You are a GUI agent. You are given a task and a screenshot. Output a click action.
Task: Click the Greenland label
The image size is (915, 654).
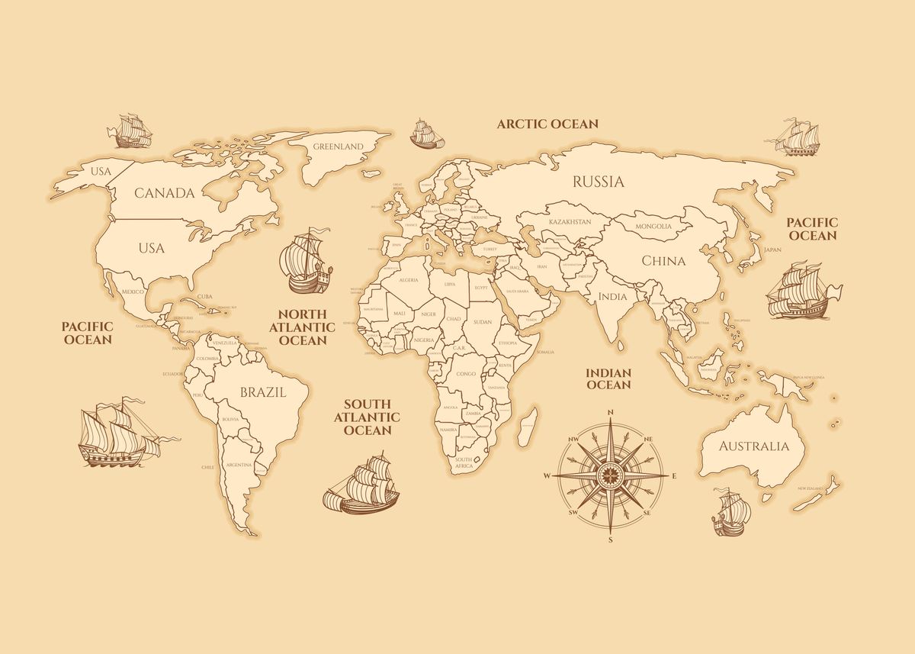pos(339,146)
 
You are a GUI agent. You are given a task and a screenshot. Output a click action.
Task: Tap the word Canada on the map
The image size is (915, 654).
pos(165,193)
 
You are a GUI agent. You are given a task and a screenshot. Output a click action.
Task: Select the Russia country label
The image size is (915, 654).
pos(599,182)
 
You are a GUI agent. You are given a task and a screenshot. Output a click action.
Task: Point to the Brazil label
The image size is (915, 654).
pos(263,393)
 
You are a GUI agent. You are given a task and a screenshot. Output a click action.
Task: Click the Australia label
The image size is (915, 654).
pos(754,446)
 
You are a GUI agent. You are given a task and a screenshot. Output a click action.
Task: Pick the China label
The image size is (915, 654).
pos(663,261)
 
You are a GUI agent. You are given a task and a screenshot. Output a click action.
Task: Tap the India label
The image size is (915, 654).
pos(613,297)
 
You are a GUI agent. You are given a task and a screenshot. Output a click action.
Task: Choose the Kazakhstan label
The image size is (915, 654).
pos(570,222)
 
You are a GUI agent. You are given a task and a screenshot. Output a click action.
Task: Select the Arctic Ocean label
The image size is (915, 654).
pos(547,124)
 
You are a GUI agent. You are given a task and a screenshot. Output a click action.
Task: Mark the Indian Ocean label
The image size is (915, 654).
pos(608,379)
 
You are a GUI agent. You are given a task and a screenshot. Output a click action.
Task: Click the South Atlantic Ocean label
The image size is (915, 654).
pos(367,417)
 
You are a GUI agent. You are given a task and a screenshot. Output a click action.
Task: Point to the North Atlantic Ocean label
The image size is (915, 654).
pos(302,327)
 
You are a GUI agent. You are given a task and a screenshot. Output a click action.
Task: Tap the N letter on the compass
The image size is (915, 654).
pos(611,413)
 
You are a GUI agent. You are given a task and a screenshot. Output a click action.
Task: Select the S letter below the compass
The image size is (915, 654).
pos(610,540)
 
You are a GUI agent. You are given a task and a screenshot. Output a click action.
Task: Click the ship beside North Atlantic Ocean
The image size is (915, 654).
pos(307,262)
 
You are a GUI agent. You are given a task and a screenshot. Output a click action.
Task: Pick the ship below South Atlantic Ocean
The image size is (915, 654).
pos(362,485)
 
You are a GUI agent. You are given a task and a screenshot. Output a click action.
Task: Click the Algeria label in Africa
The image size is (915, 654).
pos(409,281)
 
